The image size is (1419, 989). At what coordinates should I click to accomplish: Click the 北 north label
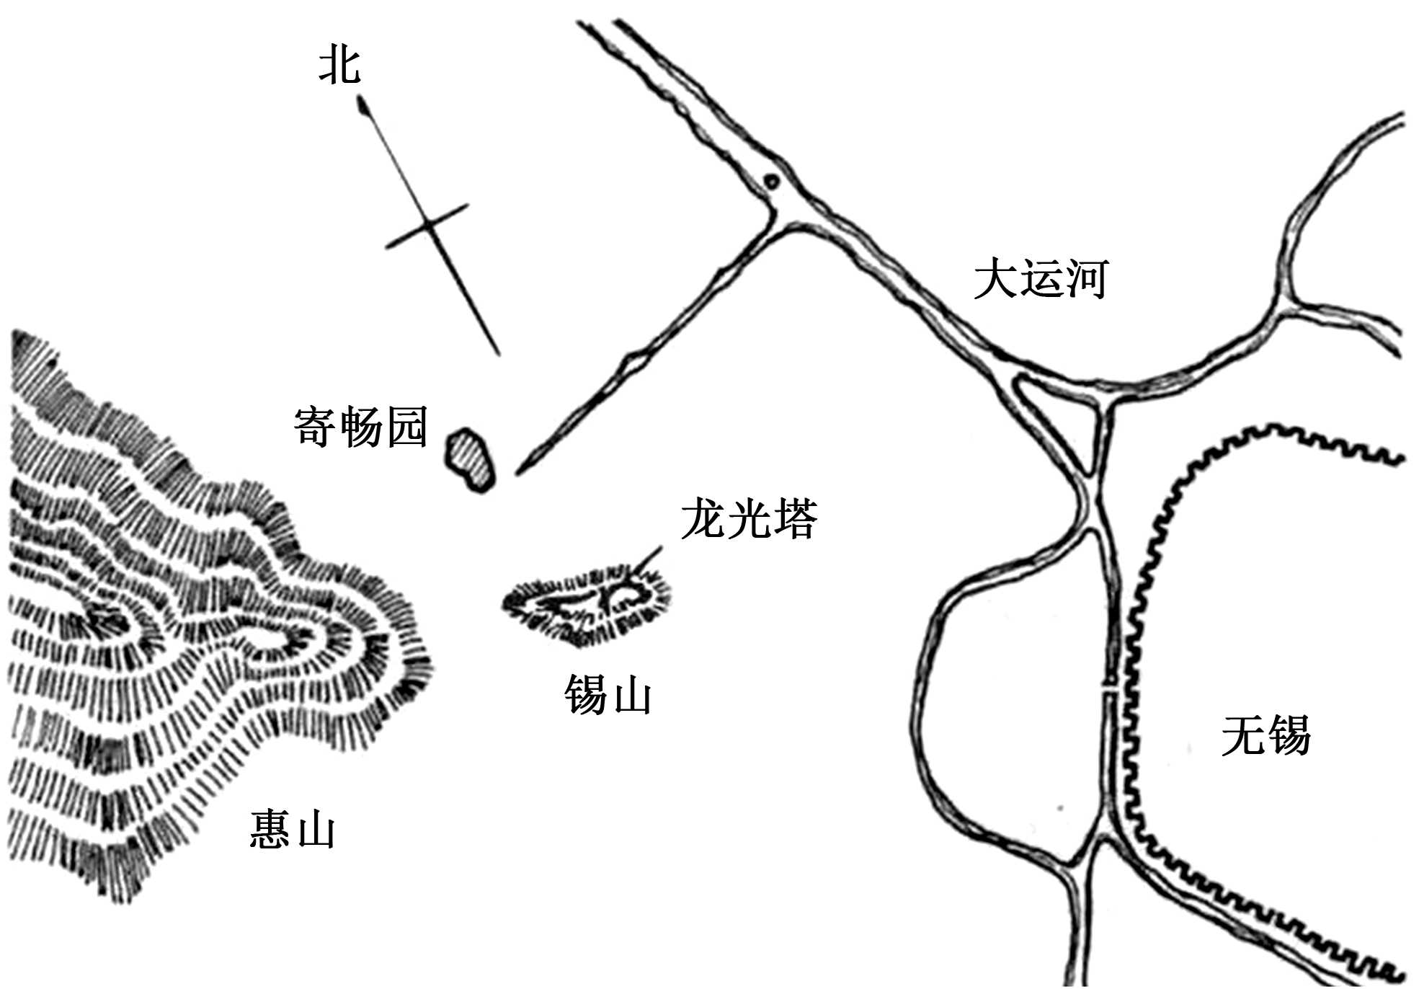(339, 66)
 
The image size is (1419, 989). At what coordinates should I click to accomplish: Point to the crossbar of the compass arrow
(427, 226)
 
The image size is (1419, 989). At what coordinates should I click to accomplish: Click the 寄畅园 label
(360, 427)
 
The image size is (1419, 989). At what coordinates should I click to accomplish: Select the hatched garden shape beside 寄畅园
(470, 459)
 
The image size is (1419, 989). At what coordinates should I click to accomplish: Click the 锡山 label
(608, 695)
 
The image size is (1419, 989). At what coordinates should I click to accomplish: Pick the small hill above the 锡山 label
(587, 604)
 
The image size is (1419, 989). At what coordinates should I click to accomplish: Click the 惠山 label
(292, 829)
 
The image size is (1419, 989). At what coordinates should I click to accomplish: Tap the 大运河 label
(1040, 279)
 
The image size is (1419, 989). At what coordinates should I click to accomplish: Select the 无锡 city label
(1265, 735)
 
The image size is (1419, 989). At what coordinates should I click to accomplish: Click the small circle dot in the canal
(772, 182)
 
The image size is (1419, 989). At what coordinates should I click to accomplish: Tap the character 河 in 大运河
(1085, 279)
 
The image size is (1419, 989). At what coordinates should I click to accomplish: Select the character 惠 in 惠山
(270, 829)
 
